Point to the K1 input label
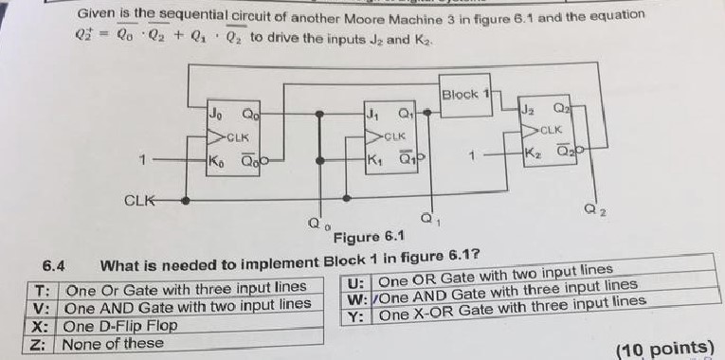point(372,160)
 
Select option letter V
point(42,305)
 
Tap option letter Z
point(42,344)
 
